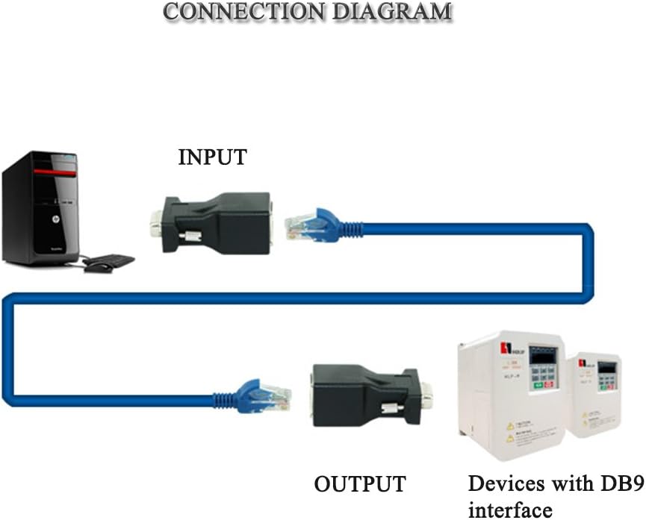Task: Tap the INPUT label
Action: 212,157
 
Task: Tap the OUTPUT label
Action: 359,483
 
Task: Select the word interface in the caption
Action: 510,510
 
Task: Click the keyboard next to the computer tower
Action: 112,260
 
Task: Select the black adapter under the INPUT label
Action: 217,220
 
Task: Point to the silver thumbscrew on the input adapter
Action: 190,236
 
